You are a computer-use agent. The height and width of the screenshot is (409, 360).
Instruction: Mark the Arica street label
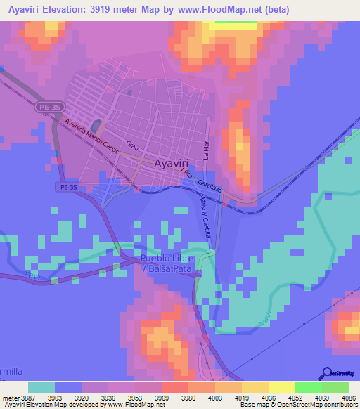tap(186, 172)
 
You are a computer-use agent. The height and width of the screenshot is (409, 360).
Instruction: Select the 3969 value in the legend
tap(173, 397)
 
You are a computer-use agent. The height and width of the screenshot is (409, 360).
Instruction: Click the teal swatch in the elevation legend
tap(41, 387)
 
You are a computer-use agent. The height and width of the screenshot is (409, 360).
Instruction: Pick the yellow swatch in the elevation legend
tap(281, 387)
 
